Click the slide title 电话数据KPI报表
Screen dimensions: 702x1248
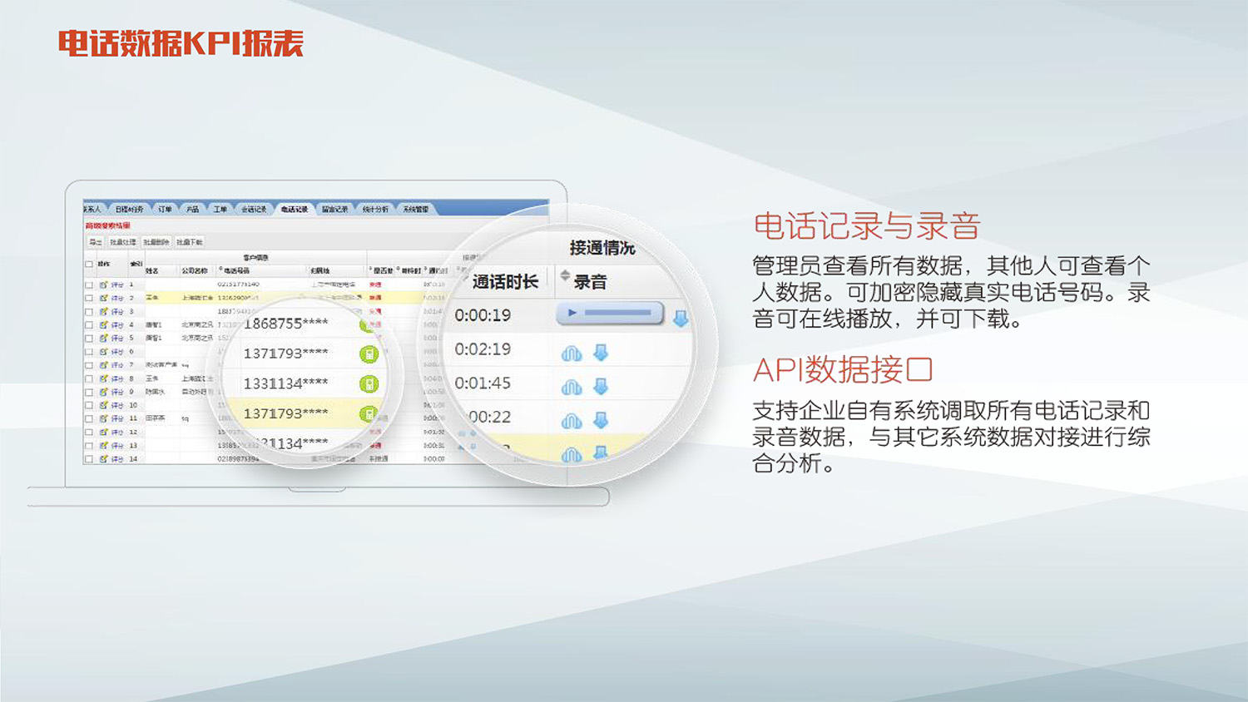pos(181,43)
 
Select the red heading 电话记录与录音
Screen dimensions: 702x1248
pos(866,226)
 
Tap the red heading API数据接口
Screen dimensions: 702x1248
pos(842,370)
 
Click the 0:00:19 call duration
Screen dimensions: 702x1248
pos(483,315)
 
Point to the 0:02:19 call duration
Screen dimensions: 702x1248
pos(483,349)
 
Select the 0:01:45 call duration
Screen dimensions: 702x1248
pos(483,383)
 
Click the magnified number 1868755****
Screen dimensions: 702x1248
pos(285,324)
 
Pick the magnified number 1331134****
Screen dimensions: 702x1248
pos(285,383)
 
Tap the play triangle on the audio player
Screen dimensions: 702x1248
pos(572,314)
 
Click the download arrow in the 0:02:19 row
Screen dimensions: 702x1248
pos(601,353)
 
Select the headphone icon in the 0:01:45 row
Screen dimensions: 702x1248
pos(572,388)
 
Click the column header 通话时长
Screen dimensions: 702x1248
pos(505,282)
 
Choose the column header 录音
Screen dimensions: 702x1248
pos(590,282)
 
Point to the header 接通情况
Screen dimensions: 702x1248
pos(602,248)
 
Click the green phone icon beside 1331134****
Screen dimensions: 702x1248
pos(369,384)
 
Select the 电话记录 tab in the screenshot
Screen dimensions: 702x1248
pos(295,210)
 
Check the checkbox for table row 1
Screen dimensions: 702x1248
pos(89,284)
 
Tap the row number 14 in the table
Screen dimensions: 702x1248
pos(132,458)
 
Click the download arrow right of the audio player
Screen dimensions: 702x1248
pos(681,319)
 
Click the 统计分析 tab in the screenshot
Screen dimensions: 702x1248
pos(375,210)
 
